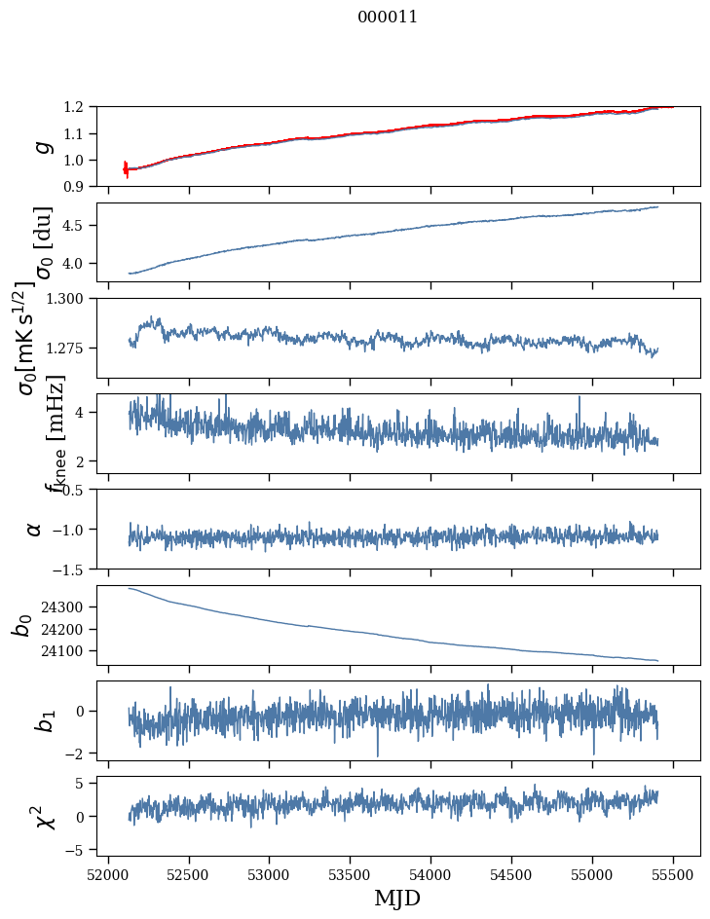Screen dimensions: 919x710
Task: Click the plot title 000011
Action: (x=388, y=17)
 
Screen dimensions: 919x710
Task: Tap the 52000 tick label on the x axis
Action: (x=108, y=873)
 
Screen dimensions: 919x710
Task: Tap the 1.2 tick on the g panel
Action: (x=79, y=107)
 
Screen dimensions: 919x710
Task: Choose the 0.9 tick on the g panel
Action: (x=79, y=186)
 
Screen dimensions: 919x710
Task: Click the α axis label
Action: (x=35, y=529)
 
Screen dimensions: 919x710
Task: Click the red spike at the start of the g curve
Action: (x=126, y=168)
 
